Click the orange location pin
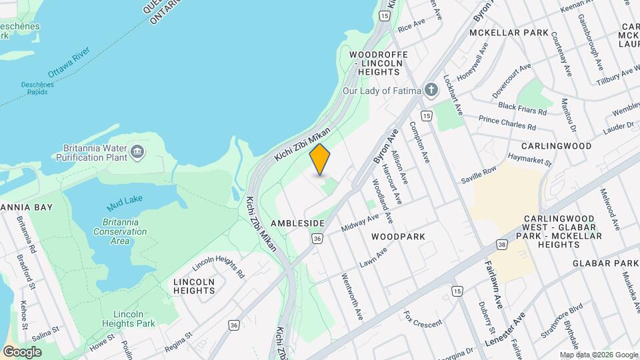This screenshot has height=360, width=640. point(320,159)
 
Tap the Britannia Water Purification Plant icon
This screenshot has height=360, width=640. point(138,152)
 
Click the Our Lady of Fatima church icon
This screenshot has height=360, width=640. point(432,90)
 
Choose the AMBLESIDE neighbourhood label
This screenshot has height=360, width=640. point(297,223)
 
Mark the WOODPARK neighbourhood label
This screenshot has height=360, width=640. point(398,237)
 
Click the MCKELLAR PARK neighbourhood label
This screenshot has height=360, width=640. point(509,33)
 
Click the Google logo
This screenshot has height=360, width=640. point(22,351)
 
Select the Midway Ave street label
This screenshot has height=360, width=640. point(360,223)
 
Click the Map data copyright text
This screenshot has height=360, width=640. point(598,355)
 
